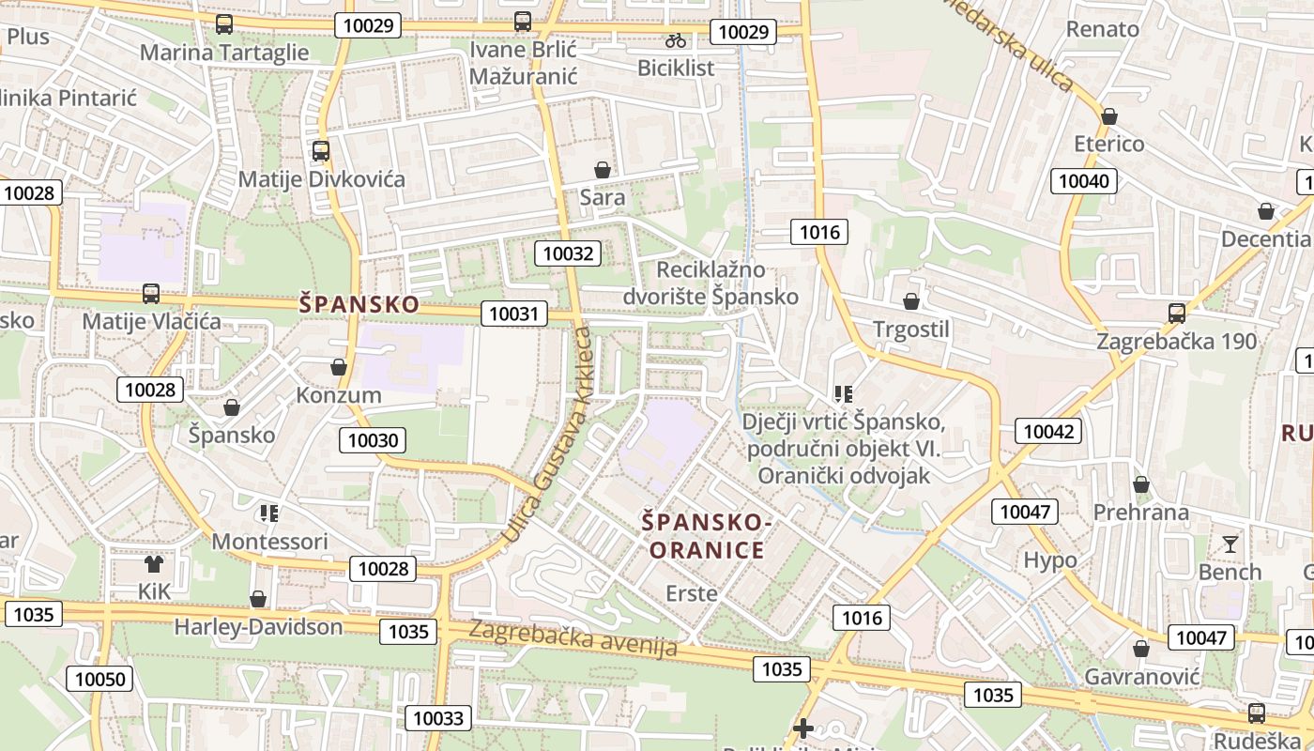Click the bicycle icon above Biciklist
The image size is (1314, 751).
(x=675, y=40)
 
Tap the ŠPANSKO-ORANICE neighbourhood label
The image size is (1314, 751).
(x=707, y=535)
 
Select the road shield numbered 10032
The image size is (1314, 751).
(x=568, y=253)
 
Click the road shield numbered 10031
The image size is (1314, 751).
(x=514, y=314)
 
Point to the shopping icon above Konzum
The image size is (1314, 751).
(x=339, y=368)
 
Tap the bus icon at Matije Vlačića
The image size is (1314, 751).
(x=151, y=294)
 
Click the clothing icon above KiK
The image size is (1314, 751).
(x=154, y=564)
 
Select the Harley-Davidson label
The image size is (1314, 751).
(x=258, y=626)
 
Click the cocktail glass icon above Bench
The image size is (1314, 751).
(x=1230, y=544)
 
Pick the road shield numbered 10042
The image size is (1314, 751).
(x=1048, y=432)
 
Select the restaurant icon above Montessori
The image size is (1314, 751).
(x=269, y=513)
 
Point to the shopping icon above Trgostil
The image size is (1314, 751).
(x=910, y=302)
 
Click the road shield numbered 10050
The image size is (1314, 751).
(x=104, y=680)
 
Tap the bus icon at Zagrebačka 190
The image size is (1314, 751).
(x=1177, y=314)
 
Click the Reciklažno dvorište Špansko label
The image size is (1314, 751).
(x=710, y=283)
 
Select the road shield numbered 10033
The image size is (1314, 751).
(x=438, y=718)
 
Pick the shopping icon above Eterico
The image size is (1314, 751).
(x=1109, y=117)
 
